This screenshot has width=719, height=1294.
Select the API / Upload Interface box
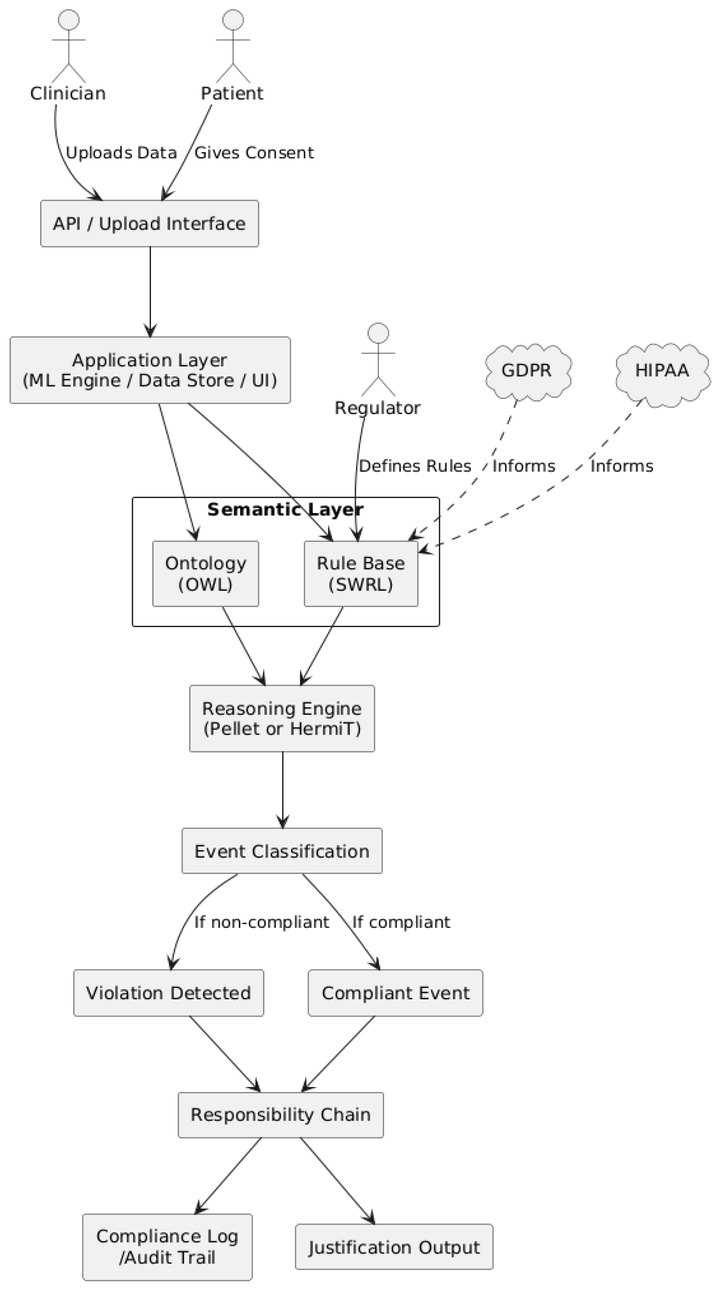coord(150,223)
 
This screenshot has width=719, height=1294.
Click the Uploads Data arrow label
coord(121,153)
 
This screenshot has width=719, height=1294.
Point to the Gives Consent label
coord(254,153)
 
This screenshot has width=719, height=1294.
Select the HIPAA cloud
coord(662,371)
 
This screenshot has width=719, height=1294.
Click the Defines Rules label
coord(415,466)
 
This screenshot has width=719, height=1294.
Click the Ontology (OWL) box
coord(205,573)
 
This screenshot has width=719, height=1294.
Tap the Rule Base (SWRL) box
coord(361,573)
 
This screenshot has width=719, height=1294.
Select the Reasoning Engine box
coord(282,718)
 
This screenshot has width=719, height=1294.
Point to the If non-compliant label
coord(262,922)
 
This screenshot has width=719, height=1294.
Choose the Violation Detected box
coord(168,993)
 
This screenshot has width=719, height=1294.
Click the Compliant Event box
coord(395,993)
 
